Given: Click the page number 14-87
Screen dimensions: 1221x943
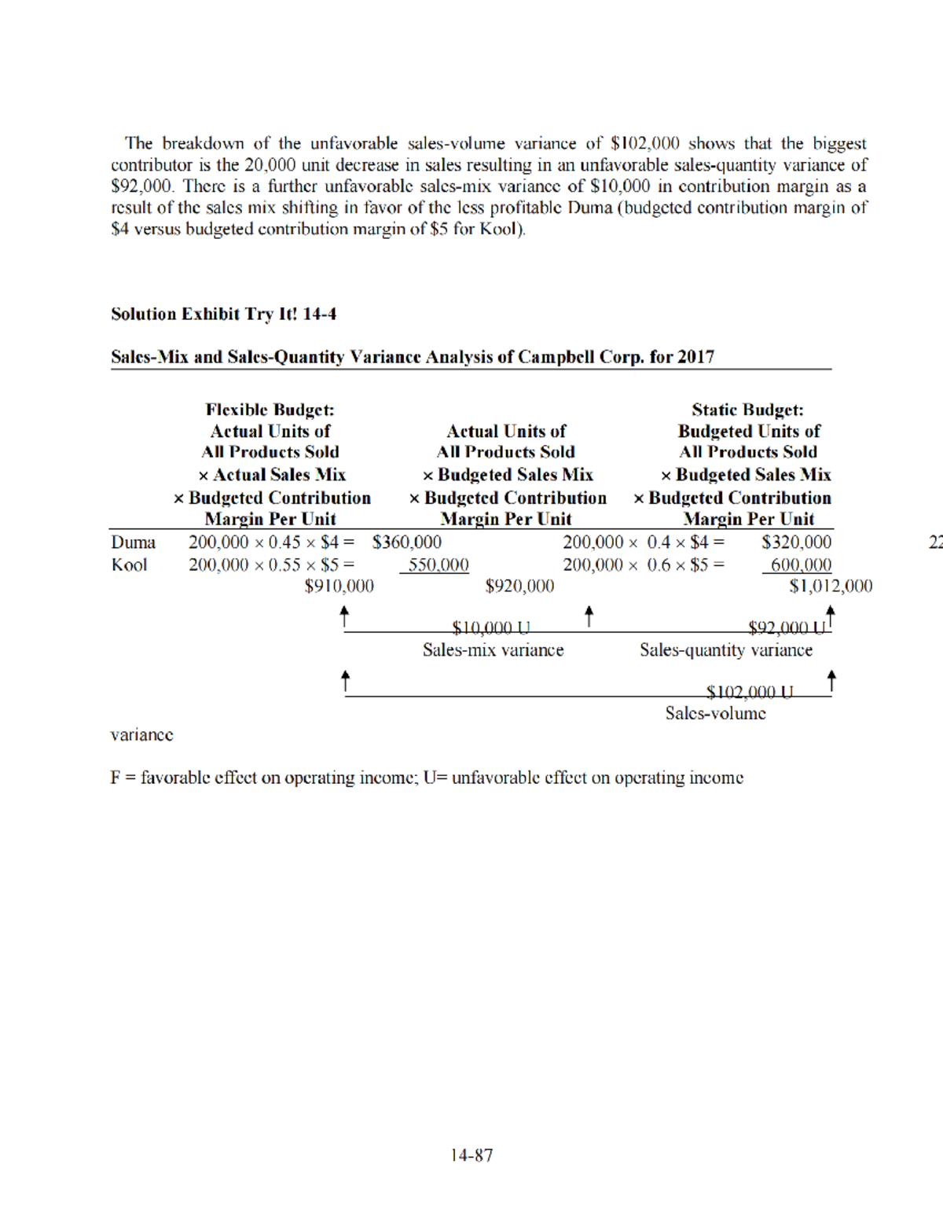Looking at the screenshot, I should click(x=472, y=1155).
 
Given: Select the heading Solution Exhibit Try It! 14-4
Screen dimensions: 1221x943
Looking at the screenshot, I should click(x=223, y=314).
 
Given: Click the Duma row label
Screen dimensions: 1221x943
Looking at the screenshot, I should click(x=133, y=542).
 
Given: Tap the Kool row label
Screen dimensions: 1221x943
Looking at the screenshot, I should click(x=129, y=565).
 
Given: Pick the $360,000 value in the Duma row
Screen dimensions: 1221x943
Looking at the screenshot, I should click(x=407, y=542).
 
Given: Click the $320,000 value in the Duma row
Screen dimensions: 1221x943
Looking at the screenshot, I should click(x=796, y=542).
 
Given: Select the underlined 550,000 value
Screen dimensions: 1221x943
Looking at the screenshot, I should click(x=437, y=565).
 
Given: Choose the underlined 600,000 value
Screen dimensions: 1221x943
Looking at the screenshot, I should click(x=800, y=565).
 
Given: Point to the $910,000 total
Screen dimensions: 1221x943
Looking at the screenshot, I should click(x=339, y=587).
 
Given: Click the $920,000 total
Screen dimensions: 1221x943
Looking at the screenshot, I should click(x=519, y=587).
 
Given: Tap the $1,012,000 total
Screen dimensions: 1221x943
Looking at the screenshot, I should click(x=831, y=587).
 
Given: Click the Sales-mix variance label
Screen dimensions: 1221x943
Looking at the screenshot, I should click(x=493, y=650).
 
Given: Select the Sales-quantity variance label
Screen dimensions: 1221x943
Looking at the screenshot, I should click(x=725, y=650).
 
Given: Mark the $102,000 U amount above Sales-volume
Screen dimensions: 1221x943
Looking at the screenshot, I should click(x=750, y=692).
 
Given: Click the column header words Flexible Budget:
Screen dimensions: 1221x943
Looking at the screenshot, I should click(x=270, y=410).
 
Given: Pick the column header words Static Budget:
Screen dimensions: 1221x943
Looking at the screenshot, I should click(x=747, y=410).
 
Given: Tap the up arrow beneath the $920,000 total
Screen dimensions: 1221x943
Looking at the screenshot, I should click(x=589, y=616).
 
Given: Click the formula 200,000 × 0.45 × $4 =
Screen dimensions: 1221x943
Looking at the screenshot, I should click(x=271, y=542).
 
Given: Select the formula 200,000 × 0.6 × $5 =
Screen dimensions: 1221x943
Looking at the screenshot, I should click(x=644, y=565).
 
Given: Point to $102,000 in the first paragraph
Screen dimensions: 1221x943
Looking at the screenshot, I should click(x=644, y=144).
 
